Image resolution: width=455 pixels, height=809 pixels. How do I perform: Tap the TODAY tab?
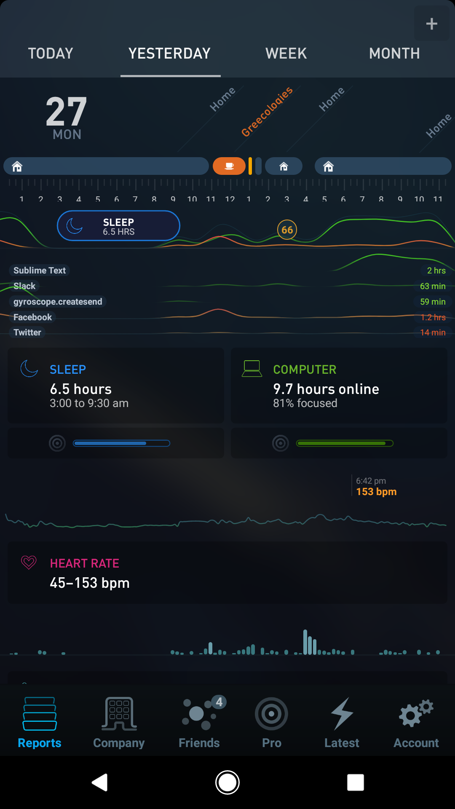[51, 54]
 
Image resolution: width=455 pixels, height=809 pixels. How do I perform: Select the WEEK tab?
[286, 54]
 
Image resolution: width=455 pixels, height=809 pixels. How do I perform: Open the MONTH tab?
[394, 54]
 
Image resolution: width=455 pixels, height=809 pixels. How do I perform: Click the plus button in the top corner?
[431, 24]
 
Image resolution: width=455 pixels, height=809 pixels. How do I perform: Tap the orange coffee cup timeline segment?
[229, 166]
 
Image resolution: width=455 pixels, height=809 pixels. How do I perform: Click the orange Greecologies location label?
[267, 112]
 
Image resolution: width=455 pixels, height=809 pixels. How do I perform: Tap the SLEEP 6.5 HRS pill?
[118, 226]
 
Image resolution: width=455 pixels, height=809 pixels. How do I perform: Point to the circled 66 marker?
[287, 230]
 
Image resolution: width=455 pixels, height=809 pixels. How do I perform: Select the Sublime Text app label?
[40, 271]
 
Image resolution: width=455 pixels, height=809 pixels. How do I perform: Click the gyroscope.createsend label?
[58, 302]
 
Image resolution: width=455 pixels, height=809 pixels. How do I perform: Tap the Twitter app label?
[27, 332]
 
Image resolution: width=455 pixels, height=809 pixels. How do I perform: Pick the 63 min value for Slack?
[433, 286]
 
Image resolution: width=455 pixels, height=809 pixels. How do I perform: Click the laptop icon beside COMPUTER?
[252, 369]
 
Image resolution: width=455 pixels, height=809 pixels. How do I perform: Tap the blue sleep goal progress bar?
[121, 443]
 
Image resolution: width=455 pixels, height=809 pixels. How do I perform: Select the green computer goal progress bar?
[345, 443]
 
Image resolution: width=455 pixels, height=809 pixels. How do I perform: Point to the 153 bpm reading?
[376, 492]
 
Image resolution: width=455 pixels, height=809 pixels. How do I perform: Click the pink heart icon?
[29, 563]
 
